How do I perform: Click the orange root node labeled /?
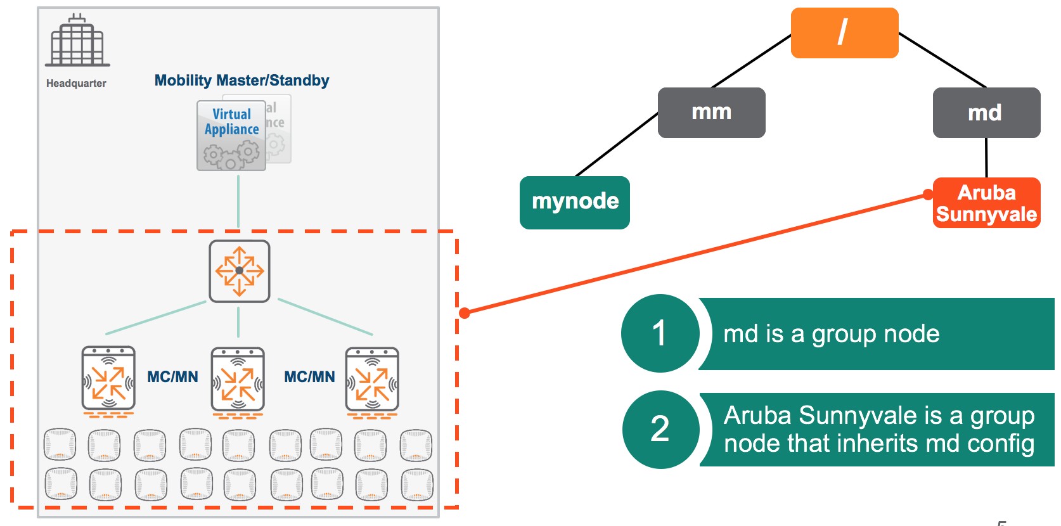844,33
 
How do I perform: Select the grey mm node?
711,113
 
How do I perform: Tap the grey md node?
986,113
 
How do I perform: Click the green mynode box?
574,202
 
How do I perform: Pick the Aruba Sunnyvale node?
986,203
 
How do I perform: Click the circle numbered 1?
660,333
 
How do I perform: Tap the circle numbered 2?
660,429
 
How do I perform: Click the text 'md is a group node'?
831,334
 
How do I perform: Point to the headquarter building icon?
77,41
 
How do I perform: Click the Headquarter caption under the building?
76,84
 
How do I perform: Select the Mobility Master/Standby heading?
241,80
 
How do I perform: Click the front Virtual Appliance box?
231,136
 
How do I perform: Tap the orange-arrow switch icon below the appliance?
240,271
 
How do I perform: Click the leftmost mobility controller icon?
108,379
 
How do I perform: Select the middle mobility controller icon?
238,380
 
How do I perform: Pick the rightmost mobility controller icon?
372,380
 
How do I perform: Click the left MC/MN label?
172,377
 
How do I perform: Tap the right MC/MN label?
309,377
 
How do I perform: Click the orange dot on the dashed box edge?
465,312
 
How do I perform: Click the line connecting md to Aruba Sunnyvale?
986,158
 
